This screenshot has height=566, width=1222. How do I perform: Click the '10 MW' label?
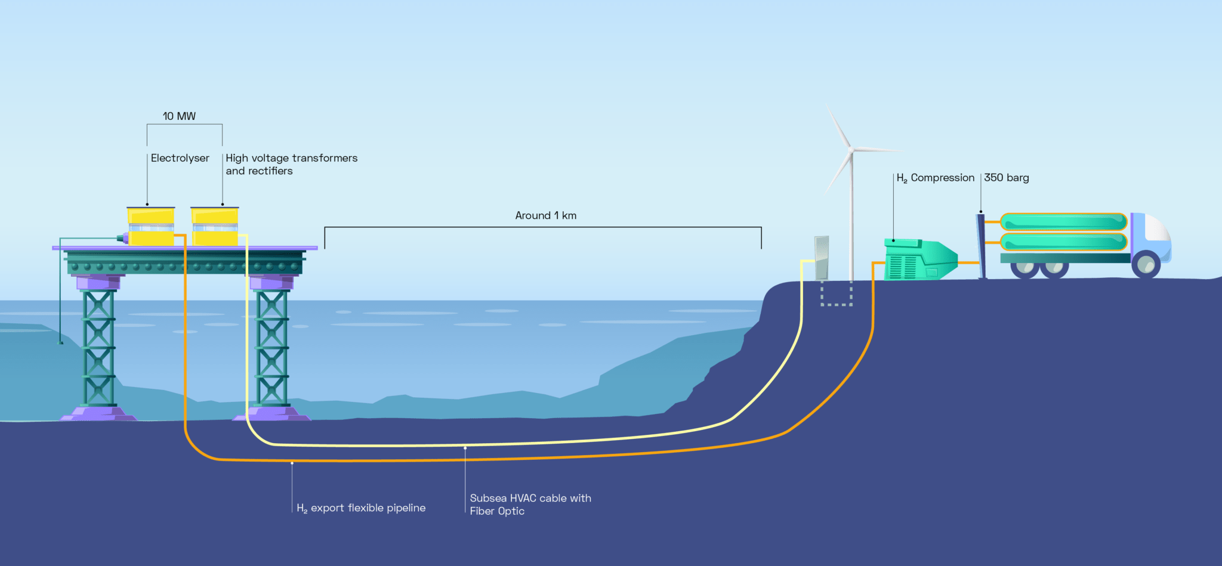179,116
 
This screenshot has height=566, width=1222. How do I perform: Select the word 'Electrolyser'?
180,158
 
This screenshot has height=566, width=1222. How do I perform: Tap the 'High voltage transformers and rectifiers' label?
291,164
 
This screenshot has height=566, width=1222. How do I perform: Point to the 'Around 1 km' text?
545,215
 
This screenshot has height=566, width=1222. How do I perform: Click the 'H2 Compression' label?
935,178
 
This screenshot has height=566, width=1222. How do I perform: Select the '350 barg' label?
1006,178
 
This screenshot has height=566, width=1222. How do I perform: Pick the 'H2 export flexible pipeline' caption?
361,508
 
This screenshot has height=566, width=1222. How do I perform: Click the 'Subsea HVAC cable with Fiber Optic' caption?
530,505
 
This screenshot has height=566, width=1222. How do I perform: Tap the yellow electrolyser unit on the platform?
151,227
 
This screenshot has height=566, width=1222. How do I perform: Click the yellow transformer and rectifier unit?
215,227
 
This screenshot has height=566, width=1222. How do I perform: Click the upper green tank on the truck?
1063,222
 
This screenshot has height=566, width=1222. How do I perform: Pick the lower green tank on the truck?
1063,242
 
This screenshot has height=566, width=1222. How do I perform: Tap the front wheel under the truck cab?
1146,264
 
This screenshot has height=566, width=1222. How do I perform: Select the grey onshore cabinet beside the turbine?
822,258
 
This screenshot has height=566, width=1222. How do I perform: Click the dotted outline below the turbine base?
837,295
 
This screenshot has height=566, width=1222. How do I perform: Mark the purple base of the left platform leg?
98,413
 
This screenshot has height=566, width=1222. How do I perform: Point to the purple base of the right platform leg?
272,413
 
